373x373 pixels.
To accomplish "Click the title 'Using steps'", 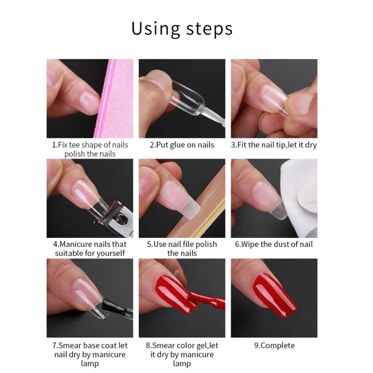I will [182, 29].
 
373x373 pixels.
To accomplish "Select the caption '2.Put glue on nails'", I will [182, 145].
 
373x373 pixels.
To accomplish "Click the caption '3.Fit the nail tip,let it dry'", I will [274, 145].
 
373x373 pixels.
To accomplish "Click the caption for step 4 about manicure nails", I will [90, 249].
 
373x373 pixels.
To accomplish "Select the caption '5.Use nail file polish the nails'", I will [182, 249].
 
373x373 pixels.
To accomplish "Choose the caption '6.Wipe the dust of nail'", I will [274, 244].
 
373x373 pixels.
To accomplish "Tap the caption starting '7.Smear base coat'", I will [90, 354].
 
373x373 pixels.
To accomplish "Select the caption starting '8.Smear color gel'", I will [182, 354].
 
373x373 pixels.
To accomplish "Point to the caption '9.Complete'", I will [274, 345].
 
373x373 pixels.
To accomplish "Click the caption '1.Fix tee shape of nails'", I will [90, 145].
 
